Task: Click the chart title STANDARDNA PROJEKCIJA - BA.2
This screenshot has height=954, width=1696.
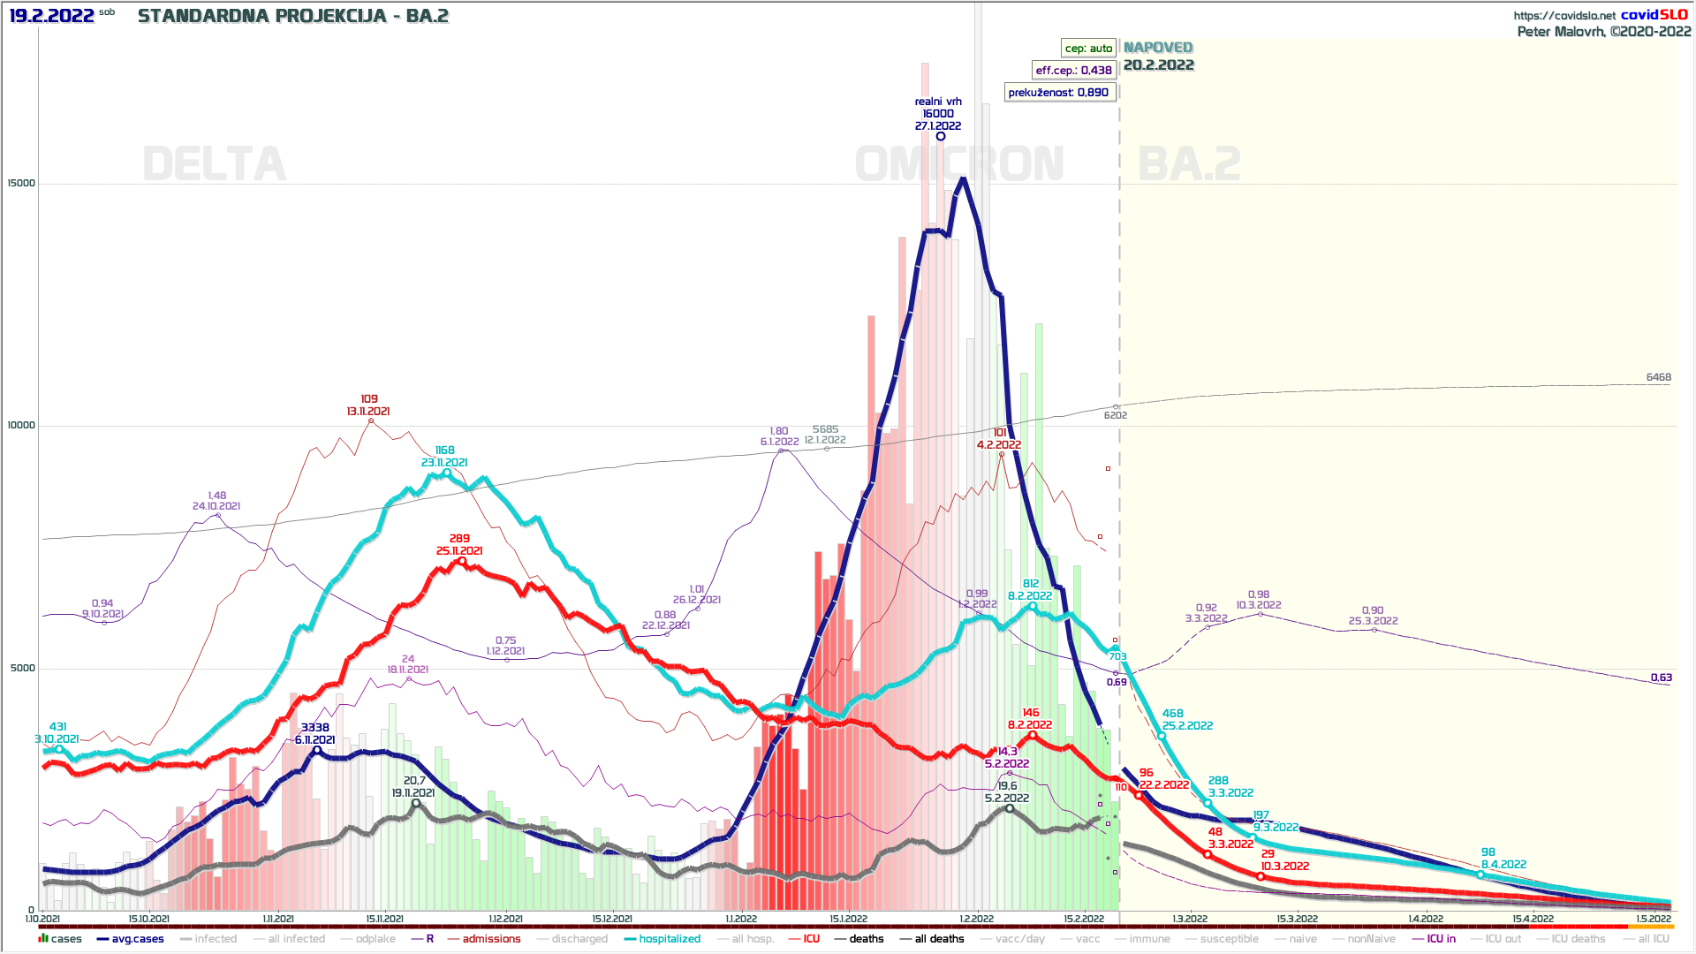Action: pyautogui.click(x=293, y=16)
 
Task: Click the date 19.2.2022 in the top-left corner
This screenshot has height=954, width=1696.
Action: pyautogui.click(x=51, y=16)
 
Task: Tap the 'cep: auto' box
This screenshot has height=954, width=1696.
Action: pyautogui.click(x=1087, y=49)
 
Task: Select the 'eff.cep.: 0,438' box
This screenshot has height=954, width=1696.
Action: pyautogui.click(x=1073, y=71)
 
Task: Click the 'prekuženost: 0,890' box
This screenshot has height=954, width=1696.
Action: pyautogui.click(x=1058, y=93)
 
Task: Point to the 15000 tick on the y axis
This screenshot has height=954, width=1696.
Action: pyautogui.click(x=21, y=184)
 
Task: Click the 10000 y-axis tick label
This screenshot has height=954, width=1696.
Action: pyautogui.click(x=21, y=426)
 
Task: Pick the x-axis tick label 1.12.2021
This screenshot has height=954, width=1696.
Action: pyautogui.click(x=505, y=919)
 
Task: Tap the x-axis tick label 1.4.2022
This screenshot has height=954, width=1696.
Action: pyautogui.click(x=1426, y=919)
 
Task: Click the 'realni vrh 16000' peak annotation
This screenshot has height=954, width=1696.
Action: pyautogui.click(x=938, y=113)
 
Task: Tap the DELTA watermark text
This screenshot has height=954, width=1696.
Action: pyautogui.click(x=215, y=164)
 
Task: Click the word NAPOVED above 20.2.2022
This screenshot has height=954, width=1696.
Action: pyautogui.click(x=1158, y=48)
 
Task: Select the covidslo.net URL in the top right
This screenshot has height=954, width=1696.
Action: pyautogui.click(x=1564, y=15)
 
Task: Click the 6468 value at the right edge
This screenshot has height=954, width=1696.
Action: pyautogui.click(x=1658, y=377)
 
